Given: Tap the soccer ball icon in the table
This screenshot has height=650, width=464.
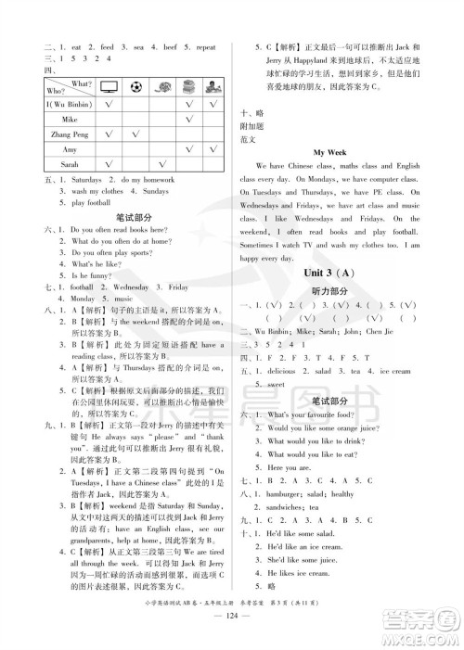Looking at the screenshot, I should click(x=136, y=87).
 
